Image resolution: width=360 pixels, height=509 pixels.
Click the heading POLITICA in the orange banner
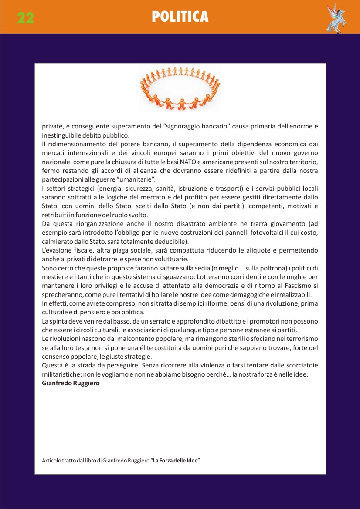180,17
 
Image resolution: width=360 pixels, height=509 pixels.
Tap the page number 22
26,17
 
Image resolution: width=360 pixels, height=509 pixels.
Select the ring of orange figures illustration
180,89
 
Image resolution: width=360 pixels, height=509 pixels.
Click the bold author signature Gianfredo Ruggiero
71,383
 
